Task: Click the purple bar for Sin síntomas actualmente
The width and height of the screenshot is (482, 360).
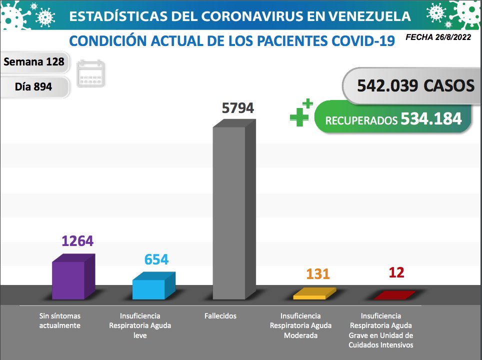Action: (68, 279)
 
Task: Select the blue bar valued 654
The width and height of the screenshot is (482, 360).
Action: (149, 288)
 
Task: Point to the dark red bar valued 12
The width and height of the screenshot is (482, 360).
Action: (394, 295)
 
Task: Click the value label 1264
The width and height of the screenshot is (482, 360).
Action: (77, 241)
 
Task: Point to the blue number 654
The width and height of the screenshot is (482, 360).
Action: (156, 259)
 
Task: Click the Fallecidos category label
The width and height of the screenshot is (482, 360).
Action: (220, 316)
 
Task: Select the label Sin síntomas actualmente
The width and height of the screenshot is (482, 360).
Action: (60, 320)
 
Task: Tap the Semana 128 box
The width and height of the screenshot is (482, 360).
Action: (33, 61)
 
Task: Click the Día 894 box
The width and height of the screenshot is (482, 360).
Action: (33, 86)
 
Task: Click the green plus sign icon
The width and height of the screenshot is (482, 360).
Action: (301, 113)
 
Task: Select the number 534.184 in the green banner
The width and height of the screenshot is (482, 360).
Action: (430, 119)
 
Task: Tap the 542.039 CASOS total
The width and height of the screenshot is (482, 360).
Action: (415, 85)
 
